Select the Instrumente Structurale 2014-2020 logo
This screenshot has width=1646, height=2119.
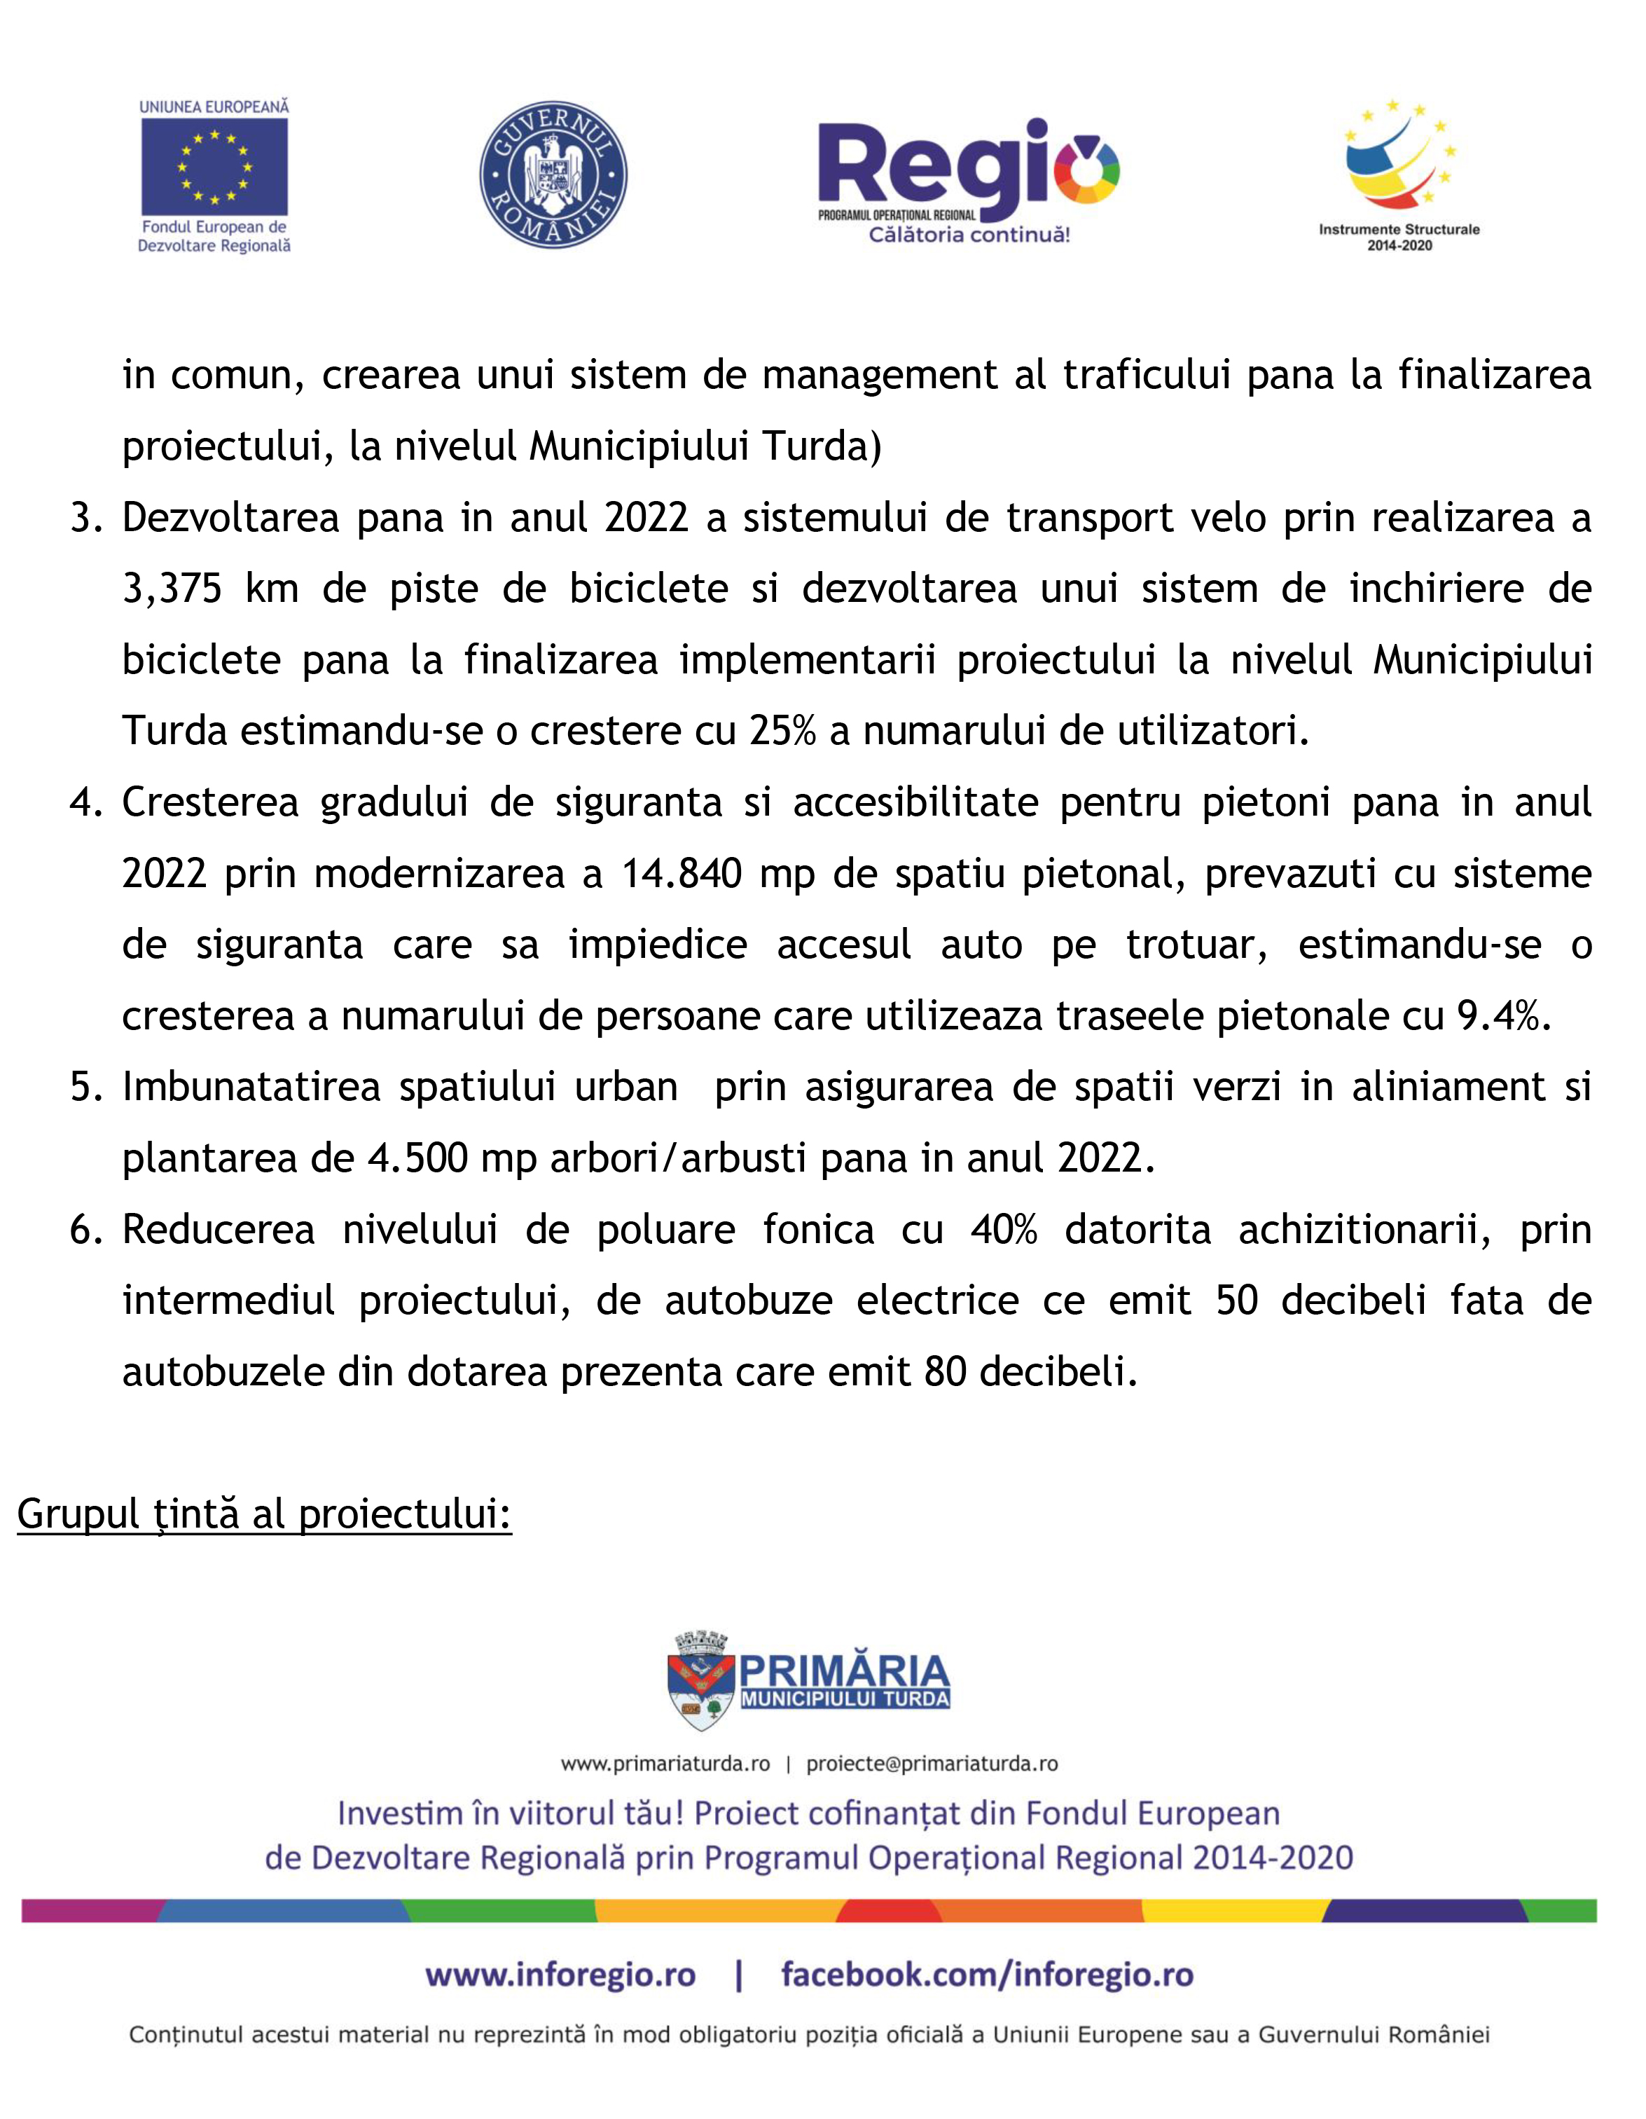click(x=1399, y=174)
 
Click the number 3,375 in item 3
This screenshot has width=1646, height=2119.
click(x=172, y=589)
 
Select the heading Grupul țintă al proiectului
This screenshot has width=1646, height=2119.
click(x=264, y=1514)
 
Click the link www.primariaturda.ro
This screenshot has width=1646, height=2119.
click(x=665, y=1764)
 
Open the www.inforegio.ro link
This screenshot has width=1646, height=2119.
click(x=560, y=1975)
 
